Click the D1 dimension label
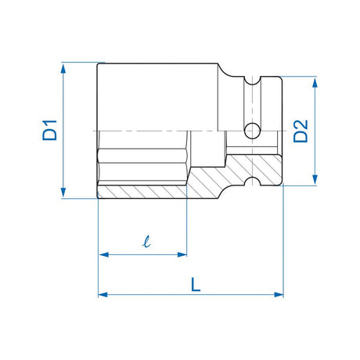pos(49,130)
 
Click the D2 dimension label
pos(301,131)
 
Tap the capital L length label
pos(196,284)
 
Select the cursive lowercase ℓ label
pos(147,241)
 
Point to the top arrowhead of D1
pos(63,69)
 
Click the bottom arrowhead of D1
pos(63,192)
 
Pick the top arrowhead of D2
pos(315,83)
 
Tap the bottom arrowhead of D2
pos(315,179)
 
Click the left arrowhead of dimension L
pos(103,295)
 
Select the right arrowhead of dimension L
pos(279,295)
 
